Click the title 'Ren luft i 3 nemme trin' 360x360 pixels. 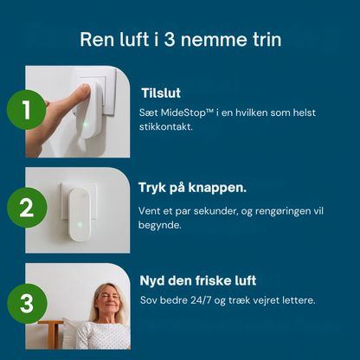tap(180, 40)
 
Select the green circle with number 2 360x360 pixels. tap(26, 208)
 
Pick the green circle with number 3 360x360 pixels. tap(26, 304)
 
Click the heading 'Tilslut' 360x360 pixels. tap(161, 93)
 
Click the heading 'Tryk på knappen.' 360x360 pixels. tap(191, 187)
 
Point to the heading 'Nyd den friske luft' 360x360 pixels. tap(197, 280)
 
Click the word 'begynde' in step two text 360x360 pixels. tap(158, 224)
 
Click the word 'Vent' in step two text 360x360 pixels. tap(149, 211)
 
